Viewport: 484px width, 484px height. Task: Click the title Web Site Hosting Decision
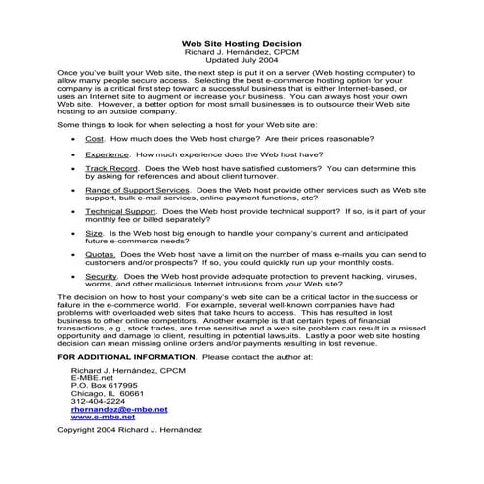click(x=242, y=43)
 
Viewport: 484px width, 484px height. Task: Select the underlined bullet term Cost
click(x=95, y=140)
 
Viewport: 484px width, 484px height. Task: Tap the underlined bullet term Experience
click(x=107, y=154)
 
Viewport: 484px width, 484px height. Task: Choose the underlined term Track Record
click(x=110, y=169)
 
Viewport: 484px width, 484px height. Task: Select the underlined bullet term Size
click(x=94, y=234)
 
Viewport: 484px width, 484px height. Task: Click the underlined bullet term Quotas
click(x=100, y=254)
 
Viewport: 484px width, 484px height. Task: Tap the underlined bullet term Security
click(x=102, y=276)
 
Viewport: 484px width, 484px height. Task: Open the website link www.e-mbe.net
click(x=104, y=417)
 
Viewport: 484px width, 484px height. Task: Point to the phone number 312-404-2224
click(x=99, y=401)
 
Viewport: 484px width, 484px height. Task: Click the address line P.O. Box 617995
click(x=105, y=385)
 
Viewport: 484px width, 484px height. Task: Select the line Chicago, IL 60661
click(x=107, y=393)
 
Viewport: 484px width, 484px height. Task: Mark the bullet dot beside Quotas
click(x=75, y=254)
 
